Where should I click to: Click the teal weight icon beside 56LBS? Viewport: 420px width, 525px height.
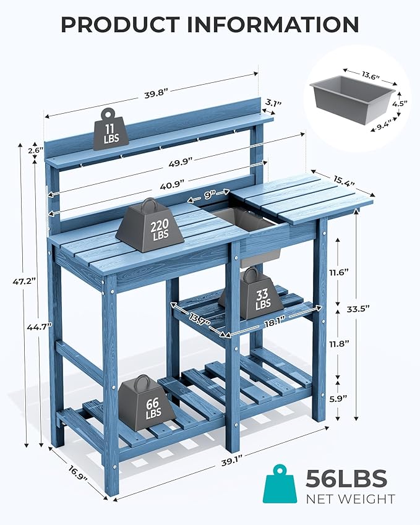click(x=281, y=487)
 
